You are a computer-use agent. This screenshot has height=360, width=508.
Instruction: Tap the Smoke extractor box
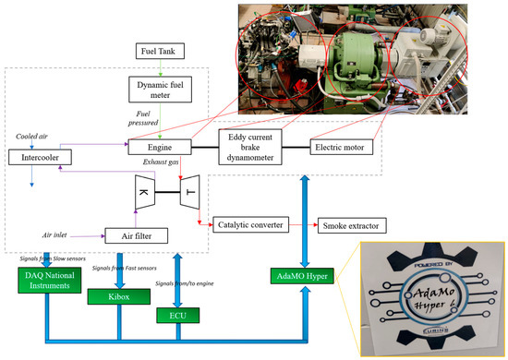[x=353, y=224]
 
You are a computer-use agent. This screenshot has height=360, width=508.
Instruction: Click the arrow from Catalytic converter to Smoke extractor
[x=303, y=224]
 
